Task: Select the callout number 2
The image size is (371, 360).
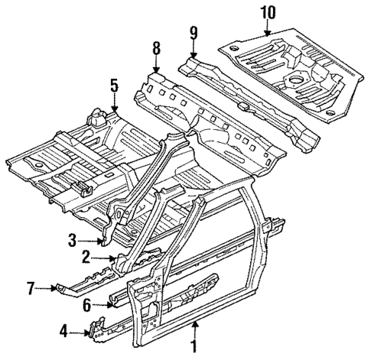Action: pyautogui.click(x=87, y=257)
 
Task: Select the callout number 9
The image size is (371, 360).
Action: pyautogui.click(x=194, y=33)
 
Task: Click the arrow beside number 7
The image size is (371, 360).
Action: pyautogui.click(x=47, y=287)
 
